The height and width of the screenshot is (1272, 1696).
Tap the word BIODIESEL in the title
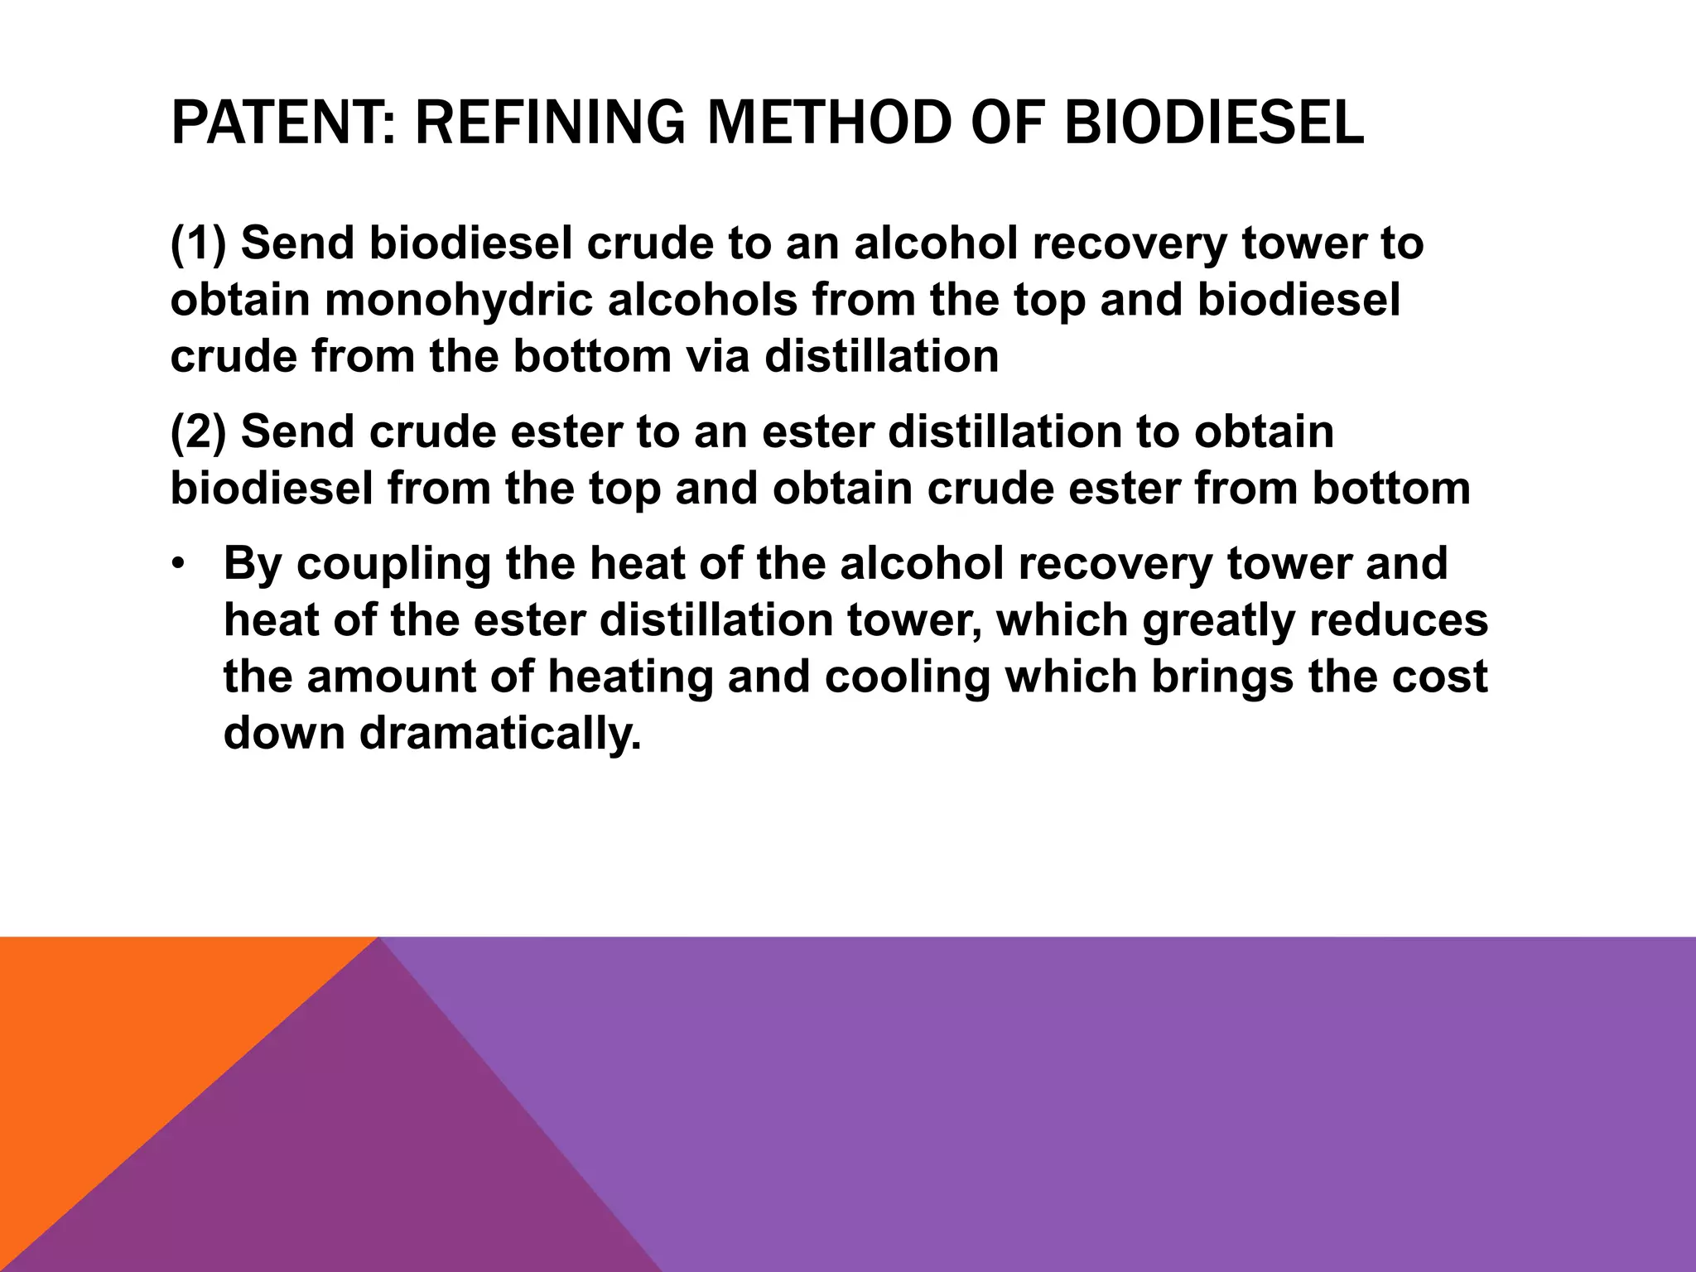coord(1213,123)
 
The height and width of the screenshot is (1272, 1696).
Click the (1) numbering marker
coord(198,243)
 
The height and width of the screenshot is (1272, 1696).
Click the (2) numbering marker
coord(198,432)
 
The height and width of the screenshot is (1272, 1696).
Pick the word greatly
coord(1218,621)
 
